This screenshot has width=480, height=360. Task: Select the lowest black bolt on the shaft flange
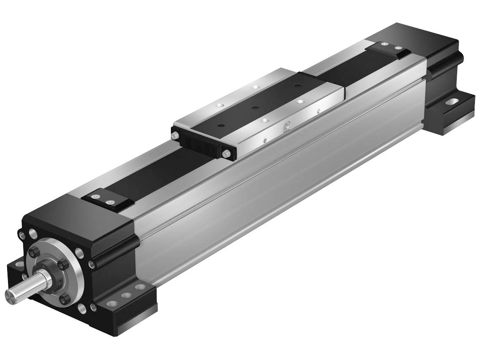(64, 300)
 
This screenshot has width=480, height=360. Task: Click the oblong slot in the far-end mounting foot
(452, 101)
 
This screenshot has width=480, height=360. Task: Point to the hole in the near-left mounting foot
(17, 265)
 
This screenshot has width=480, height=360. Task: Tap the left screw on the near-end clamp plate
(96, 196)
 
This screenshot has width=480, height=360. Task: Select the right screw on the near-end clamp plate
(110, 202)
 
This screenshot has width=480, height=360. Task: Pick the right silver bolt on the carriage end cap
(227, 155)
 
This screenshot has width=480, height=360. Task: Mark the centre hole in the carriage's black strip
(255, 107)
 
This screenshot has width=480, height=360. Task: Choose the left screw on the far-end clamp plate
(383, 43)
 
